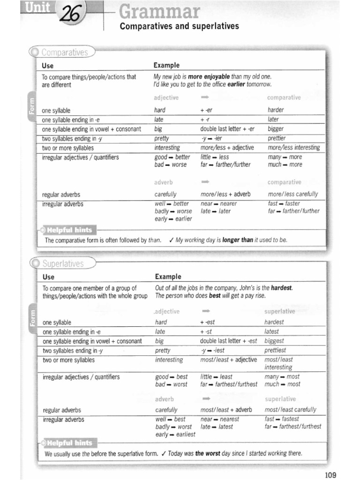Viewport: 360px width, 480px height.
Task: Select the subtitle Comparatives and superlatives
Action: pos(180,27)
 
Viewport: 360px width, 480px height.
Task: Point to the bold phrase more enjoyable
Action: pos(209,76)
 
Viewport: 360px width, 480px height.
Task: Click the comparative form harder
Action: pos(276,110)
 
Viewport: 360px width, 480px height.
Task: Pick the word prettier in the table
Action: pos(277,138)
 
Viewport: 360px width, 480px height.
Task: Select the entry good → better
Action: pos(172,157)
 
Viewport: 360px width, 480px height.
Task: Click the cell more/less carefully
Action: pos(292,194)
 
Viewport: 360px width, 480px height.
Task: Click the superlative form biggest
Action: pos(274,341)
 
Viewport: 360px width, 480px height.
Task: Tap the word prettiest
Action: pos(275,350)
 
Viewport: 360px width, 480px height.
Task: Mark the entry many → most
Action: pos(282,376)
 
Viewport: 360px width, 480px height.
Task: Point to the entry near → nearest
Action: pos(219,419)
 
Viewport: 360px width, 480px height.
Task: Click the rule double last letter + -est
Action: pos(229,341)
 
